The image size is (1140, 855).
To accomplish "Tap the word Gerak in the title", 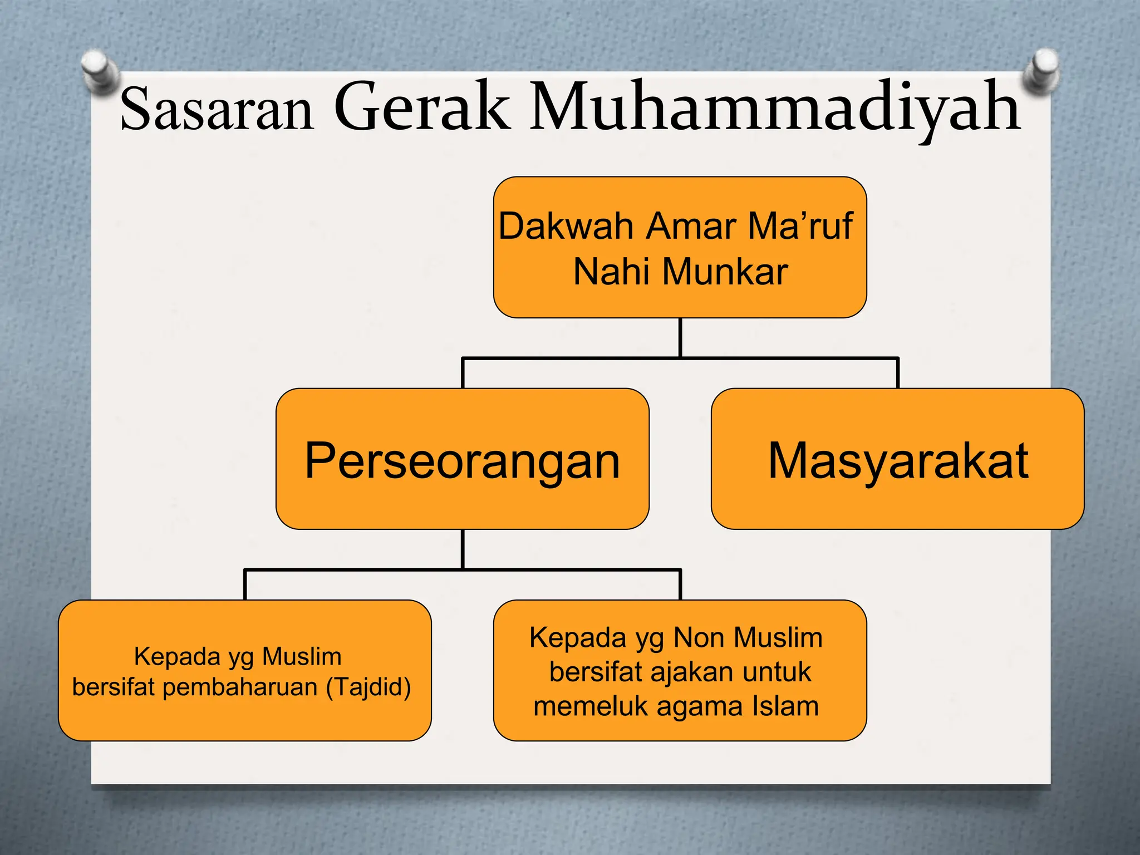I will pyautogui.click(x=421, y=107).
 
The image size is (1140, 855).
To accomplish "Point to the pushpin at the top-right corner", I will pyautogui.click(x=1041, y=70).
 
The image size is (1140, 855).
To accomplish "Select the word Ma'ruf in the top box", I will pyautogui.click(x=800, y=227).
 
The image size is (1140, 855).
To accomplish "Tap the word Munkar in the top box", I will pyautogui.click(x=725, y=272).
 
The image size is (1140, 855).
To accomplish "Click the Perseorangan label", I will pyautogui.click(x=462, y=461).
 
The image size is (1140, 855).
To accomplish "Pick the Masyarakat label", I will pyautogui.click(x=898, y=461).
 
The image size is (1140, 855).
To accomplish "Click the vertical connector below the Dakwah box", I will pyautogui.click(x=680, y=337).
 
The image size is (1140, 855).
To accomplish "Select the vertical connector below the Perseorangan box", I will pyautogui.click(x=463, y=549).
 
